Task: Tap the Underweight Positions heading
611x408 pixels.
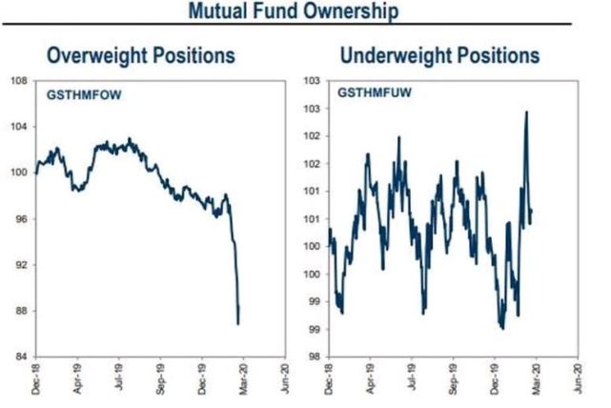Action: (440, 55)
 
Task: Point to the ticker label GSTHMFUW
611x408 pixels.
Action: (367, 95)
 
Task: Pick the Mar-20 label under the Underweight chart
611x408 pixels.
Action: (536, 378)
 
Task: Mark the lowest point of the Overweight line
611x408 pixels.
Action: (237, 324)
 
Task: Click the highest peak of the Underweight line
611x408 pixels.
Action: (527, 112)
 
